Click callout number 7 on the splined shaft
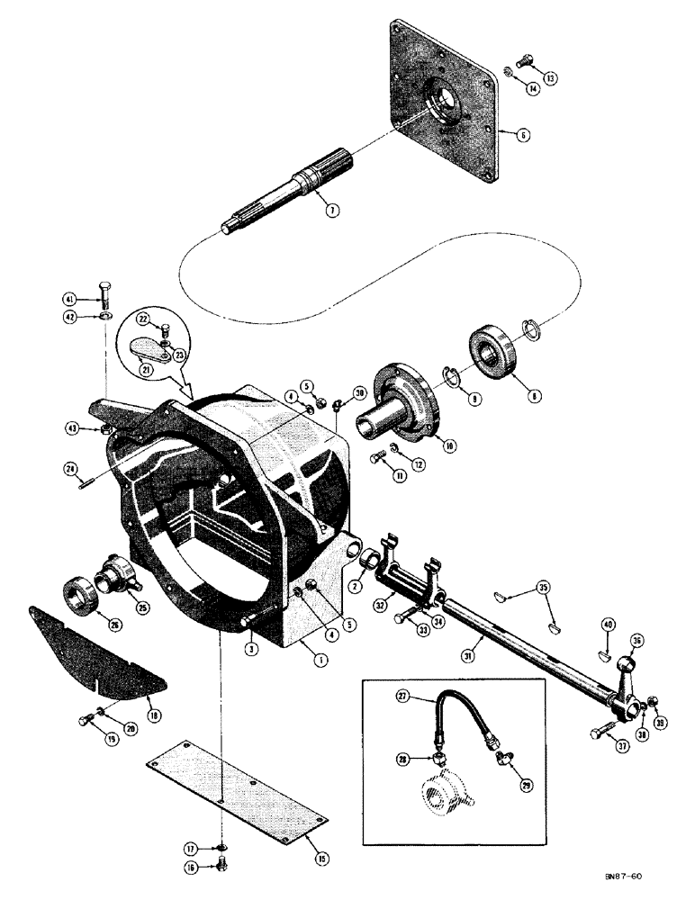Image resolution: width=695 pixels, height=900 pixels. click(x=332, y=211)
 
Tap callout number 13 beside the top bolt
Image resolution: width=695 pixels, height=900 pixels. click(x=551, y=78)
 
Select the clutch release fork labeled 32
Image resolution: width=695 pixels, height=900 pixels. click(x=411, y=575)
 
